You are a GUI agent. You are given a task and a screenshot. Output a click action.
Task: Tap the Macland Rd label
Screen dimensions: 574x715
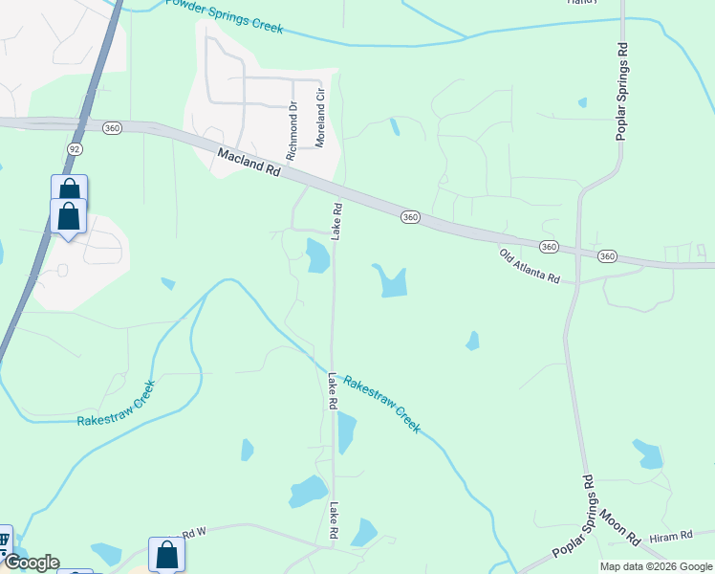coord(249,161)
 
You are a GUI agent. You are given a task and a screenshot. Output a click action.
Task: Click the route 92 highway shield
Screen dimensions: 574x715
coord(74,149)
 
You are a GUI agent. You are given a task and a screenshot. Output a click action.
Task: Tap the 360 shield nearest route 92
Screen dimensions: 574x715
coord(113,128)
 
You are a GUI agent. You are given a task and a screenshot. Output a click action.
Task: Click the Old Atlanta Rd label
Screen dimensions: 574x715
coord(530,265)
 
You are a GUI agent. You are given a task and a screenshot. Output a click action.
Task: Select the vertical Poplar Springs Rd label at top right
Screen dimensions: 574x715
coord(622,92)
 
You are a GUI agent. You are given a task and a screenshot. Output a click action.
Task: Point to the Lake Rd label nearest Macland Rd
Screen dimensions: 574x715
coord(336,221)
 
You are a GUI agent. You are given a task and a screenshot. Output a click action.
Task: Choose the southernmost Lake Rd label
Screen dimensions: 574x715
coord(335,522)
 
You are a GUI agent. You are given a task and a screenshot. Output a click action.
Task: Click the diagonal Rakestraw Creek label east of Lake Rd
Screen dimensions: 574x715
coord(380,403)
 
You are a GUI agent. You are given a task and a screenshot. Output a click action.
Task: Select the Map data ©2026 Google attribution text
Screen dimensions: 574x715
coord(656,566)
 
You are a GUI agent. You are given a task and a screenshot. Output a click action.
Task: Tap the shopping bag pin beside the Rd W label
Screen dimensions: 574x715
coord(166,556)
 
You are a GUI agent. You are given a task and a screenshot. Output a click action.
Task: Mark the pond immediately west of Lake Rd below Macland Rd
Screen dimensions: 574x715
coord(317,255)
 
